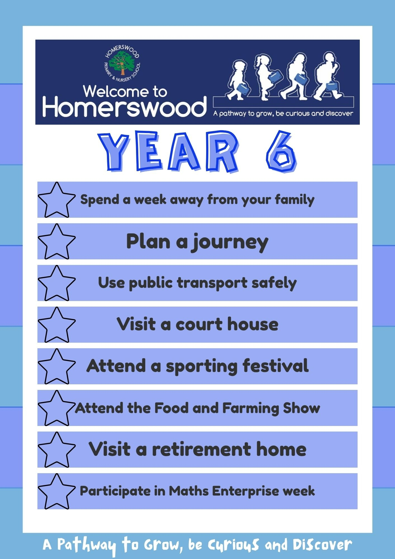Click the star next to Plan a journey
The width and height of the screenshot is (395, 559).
tap(57, 241)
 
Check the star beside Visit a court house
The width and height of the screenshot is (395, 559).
tap(57, 324)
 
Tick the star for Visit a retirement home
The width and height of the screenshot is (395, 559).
tap(57, 449)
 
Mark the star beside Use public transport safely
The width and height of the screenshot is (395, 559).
tap(57, 283)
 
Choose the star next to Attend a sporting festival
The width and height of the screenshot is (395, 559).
tap(57, 366)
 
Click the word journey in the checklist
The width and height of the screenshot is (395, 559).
tap(230, 243)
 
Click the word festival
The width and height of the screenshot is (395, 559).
tap(275, 366)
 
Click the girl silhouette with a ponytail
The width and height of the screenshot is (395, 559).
tap(265, 77)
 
